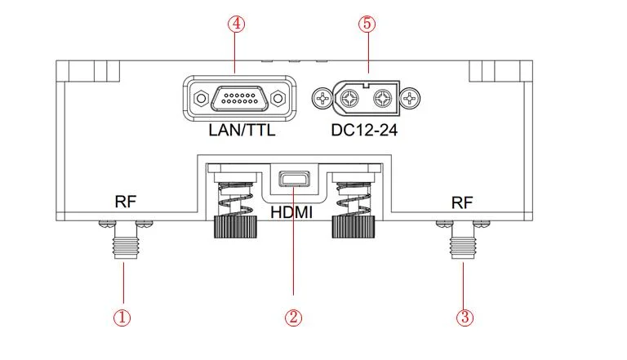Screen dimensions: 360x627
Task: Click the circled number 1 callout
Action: (122, 317)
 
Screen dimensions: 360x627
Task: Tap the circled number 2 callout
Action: (294, 317)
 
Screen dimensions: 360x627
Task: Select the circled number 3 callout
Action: (464, 317)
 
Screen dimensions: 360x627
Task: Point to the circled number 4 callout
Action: (236, 24)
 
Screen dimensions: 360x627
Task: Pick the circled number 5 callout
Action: (367, 24)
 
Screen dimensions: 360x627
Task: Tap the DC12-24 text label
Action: (364, 129)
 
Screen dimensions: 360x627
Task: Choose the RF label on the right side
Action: (461, 202)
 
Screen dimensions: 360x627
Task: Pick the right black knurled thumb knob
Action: (353, 226)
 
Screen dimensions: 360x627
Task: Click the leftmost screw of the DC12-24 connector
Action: (324, 100)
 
